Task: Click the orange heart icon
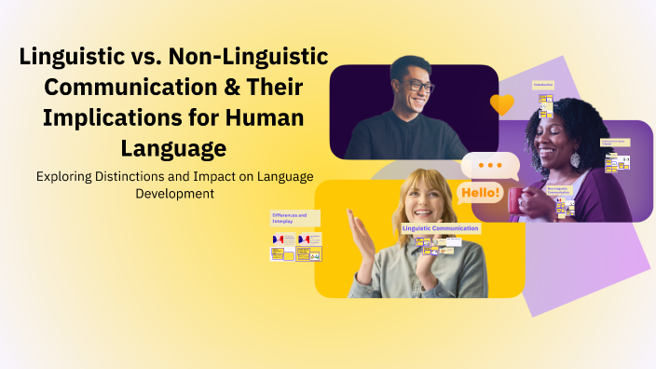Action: [502, 103]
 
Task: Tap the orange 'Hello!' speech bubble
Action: [481, 194]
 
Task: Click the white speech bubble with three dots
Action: [489, 165]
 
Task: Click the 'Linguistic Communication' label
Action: [441, 227]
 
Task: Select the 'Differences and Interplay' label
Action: [289, 218]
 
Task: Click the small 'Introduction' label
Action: [543, 85]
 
